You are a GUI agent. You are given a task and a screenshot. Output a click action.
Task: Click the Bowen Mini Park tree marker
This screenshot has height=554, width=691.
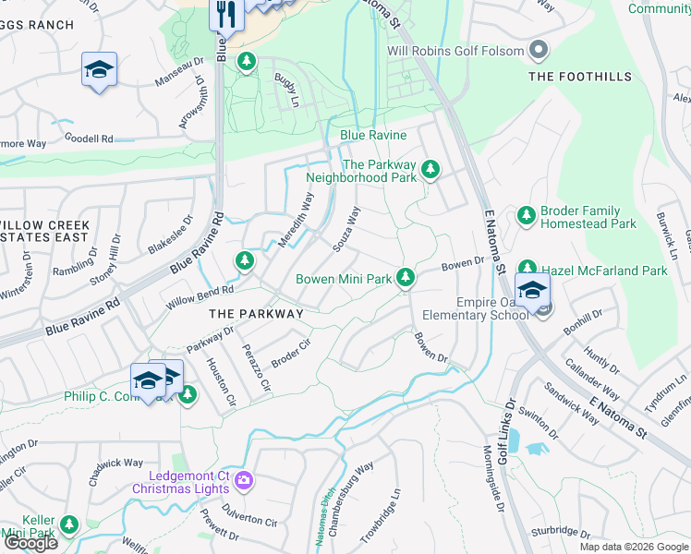tap(405, 277)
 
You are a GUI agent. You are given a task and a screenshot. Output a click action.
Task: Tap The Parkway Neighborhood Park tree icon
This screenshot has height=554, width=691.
tap(430, 169)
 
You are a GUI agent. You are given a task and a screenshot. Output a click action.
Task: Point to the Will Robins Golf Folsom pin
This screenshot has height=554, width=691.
tap(540, 51)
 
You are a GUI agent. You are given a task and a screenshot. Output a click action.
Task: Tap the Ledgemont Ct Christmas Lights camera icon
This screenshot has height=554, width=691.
tap(244, 479)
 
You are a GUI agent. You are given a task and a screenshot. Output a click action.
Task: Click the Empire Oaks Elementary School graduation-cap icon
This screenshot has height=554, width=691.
tap(532, 290)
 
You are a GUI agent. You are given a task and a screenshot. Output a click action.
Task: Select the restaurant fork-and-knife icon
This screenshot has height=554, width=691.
tap(222, 13)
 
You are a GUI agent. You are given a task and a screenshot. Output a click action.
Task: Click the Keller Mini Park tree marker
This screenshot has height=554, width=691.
tap(68, 525)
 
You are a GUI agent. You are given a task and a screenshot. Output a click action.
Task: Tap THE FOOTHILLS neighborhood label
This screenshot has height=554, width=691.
tap(580, 77)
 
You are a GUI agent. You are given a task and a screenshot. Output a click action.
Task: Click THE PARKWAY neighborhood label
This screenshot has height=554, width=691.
tap(256, 314)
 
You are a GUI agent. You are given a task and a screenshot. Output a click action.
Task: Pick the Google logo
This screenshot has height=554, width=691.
tap(30, 543)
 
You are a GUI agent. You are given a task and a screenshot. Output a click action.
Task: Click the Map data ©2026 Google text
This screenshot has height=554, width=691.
tap(633, 547)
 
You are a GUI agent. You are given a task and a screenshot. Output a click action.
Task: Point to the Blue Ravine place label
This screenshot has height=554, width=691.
tap(373, 135)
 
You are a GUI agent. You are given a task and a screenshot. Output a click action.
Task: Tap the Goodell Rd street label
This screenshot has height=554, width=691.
tap(89, 138)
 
